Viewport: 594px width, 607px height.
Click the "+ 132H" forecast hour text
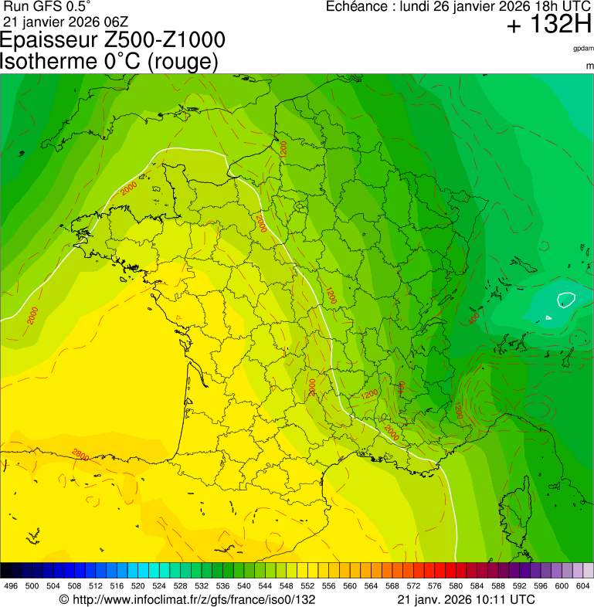[x=548, y=25]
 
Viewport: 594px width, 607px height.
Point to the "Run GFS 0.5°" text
[x=47, y=6]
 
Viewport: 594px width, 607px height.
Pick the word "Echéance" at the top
[x=356, y=6]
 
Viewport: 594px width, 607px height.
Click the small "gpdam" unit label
[x=583, y=49]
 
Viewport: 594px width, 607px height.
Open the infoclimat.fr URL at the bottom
[x=188, y=599]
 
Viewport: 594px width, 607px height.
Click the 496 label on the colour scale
[x=11, y=586]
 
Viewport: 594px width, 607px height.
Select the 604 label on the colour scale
[x=583, y=586]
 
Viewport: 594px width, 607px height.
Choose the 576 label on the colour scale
[x=435, y=586]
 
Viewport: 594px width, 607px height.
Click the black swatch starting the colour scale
[x=6, y=571]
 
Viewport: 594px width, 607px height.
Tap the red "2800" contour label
[x=80, y=453]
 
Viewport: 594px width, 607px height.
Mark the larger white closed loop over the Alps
[x=566, y=299]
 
